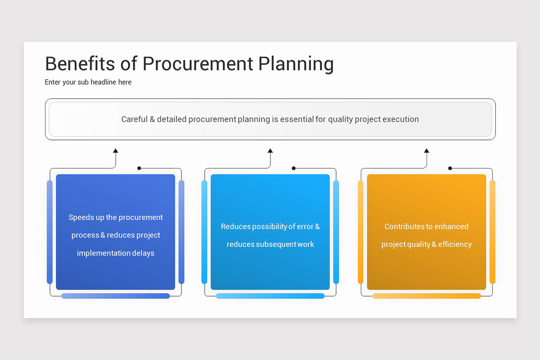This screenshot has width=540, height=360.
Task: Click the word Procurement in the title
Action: pos(198,64)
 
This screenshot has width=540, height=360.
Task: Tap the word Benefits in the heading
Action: pos(80,64)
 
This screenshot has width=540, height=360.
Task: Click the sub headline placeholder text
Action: pos(88,82)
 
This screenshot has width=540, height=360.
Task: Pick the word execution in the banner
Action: pos(400,119)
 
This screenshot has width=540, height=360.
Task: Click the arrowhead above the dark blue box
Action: pos(116,151)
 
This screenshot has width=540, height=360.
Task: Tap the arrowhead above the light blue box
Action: pos(270,151)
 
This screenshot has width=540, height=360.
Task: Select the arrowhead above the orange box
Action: pos(427,151)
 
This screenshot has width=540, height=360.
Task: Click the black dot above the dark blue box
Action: pos(139,168)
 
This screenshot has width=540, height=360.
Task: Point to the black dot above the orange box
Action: pos(450,168)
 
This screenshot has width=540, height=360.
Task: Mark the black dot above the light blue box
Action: pos(293,168)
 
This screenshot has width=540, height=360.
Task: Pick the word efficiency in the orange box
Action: pos(454,244)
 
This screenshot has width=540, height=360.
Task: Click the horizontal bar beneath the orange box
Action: pos(427,296)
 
